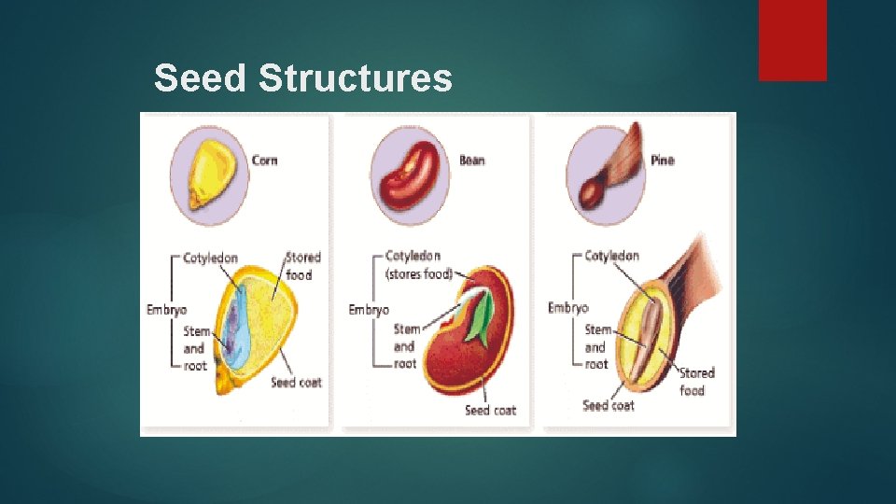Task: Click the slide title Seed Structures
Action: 302,78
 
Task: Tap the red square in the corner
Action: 791,39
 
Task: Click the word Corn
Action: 264,161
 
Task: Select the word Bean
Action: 471,161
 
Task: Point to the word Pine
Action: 662,161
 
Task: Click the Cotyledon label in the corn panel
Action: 210,258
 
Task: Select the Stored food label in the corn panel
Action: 302,265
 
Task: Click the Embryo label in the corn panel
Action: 166,310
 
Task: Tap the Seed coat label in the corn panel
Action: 296,383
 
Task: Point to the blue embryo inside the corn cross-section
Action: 233,327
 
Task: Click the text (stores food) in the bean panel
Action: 418,273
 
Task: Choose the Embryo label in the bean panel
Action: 369,310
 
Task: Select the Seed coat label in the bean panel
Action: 490,410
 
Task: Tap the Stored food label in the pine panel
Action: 696,381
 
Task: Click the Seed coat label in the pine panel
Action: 609,405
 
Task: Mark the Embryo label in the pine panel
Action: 568,308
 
